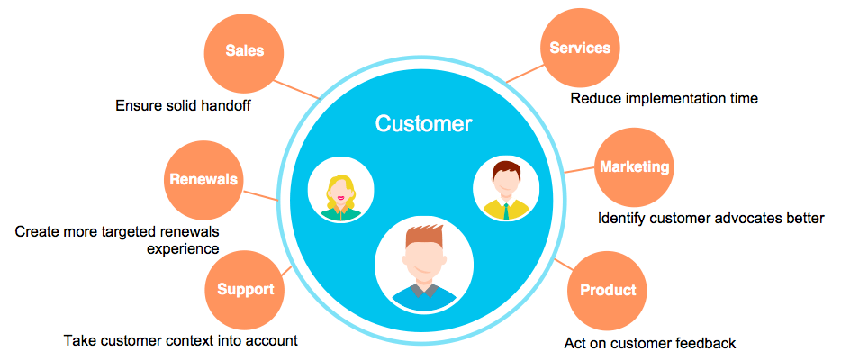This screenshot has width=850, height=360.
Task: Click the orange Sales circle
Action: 245,50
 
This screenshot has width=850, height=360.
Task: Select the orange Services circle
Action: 580,49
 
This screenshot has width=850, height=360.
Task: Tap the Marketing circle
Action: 635,167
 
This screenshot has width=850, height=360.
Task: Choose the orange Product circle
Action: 608,290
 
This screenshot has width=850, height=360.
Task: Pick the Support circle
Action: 245,290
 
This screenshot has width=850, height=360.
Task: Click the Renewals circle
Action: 203,179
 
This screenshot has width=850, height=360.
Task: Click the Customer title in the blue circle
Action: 423,124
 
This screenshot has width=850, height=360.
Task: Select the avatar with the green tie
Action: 506,190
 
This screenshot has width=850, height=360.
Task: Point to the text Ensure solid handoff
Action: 183,106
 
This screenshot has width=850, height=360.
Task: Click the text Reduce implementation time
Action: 664,98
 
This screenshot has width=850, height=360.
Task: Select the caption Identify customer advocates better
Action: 710,219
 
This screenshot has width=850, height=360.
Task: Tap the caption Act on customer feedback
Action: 650,343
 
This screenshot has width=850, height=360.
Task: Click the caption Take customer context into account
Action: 180,341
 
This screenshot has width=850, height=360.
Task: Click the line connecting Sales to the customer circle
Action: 297,87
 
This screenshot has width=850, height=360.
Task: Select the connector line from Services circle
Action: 524,74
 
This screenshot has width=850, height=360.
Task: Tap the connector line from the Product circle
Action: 565,267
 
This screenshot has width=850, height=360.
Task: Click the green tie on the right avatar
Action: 506,211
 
